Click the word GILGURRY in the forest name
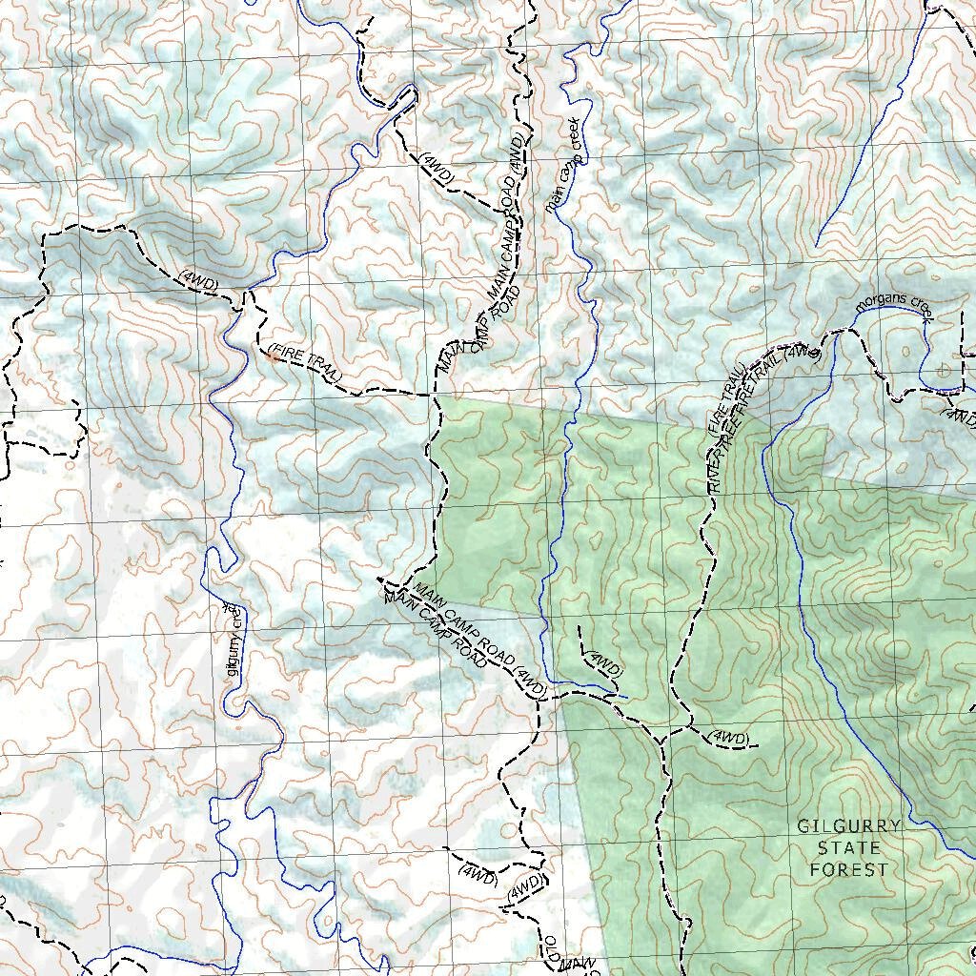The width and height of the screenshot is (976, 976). [x=848, y=826]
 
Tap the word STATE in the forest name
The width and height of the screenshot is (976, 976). [x=848, y=847]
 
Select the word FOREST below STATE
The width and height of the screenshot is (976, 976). [x=848, y=868]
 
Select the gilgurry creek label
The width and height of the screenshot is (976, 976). [x=232, y=640]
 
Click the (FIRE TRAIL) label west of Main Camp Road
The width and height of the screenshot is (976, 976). [x=304, y=363]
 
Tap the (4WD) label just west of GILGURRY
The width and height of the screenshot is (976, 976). [x=730, y=739]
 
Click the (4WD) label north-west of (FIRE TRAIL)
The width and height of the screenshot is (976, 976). [x=198, y=279]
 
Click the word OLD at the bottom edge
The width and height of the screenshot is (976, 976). [x=551, y=947]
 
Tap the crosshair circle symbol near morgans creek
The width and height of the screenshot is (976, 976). [x=944, y=371]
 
